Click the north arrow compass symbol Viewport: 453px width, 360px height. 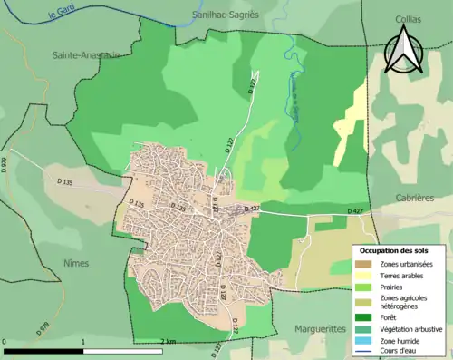[x=403, y=49]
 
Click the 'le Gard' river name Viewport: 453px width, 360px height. [x=65, y=14]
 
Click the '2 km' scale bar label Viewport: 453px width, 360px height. [x=168, y=342]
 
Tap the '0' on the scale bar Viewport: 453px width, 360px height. [x=5, y=342]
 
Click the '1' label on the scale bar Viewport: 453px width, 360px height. [x=83, y=342]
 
